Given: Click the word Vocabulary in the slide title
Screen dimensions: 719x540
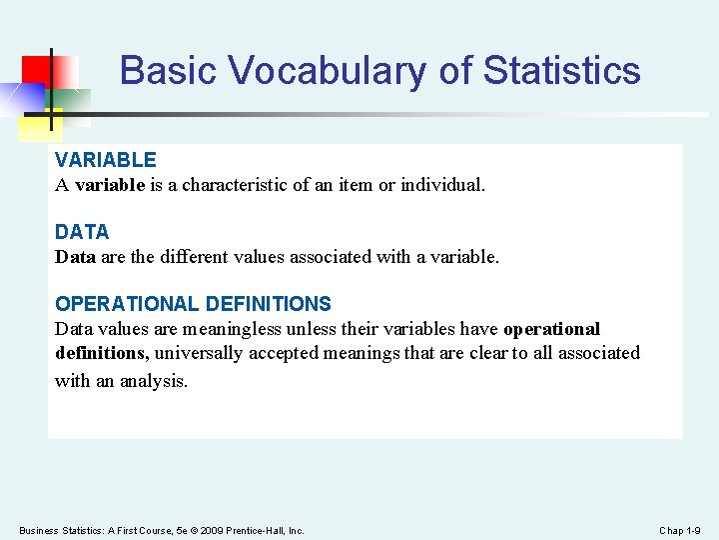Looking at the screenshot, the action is point(328,71).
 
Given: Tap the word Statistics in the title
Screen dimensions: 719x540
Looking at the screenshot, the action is point(561,70).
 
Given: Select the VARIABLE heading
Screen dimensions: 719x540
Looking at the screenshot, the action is point(106,160).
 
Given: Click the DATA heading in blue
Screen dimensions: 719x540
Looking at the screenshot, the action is point(82,232).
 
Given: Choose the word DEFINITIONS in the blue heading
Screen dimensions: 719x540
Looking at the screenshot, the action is point(269,304).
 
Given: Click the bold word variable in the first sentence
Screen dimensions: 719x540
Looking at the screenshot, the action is point(110,185).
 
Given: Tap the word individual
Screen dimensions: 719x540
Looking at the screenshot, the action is point(443,185).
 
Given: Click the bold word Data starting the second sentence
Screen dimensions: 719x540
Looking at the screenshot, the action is point(75,257).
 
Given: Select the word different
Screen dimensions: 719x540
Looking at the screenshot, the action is point(194,257).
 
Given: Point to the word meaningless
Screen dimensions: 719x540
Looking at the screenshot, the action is point(232,329).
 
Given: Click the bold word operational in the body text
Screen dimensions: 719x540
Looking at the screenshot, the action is point(551,329).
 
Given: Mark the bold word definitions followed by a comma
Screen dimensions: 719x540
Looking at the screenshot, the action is point(102,353).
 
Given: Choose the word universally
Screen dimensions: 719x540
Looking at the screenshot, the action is point(199,354).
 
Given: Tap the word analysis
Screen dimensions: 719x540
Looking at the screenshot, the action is point(154,381).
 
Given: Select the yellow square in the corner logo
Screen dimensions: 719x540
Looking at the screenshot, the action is point(40,125).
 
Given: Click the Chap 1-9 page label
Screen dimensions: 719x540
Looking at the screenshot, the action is point(680,531).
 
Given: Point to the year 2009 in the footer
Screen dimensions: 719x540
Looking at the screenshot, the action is point(212,531).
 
